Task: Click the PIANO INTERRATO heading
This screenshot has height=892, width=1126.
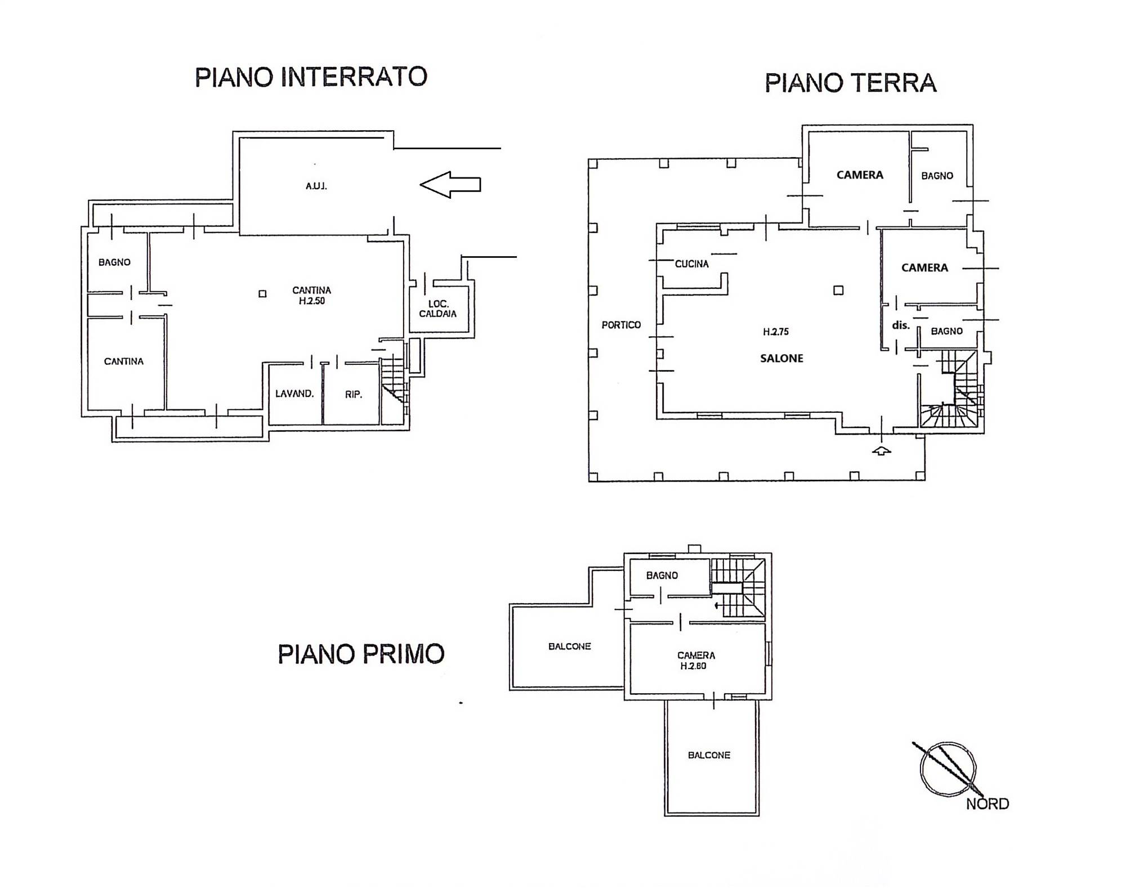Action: click(x=311, y=77)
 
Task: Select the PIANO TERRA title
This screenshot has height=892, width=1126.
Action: click(x=850, y=83)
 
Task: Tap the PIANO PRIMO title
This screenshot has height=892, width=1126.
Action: click(x=361, y=654)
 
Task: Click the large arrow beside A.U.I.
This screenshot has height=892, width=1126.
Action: click(x=450, y=185)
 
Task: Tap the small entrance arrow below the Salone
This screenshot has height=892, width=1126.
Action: click(x=882, y=450)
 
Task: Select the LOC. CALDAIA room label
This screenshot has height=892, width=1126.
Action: click(x=438, y=309)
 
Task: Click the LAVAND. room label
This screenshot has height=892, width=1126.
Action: click(x=294, y=394)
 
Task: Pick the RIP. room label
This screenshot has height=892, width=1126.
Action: click(x=354, y=394)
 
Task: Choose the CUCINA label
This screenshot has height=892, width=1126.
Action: click(x=692, y=264)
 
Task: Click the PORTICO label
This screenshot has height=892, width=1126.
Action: click(x=621, y=325)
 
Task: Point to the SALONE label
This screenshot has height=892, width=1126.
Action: click(x=781, y=358)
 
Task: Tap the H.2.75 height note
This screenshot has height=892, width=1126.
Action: click(x=776, y=332)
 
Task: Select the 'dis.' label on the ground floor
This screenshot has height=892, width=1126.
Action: click(x=901, y=325)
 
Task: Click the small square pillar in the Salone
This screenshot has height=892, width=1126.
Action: click(x=838, y=290)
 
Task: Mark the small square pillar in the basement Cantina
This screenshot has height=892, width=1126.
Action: click(x=262, y=293)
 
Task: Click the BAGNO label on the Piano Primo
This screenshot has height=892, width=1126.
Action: click(x=662, y=576)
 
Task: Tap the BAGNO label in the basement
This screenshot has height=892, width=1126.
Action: click(x=114, y=262)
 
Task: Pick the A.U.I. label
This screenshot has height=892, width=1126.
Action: click(x=316, y=186)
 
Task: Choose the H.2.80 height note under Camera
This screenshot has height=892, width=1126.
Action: click(x=693, y=666)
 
